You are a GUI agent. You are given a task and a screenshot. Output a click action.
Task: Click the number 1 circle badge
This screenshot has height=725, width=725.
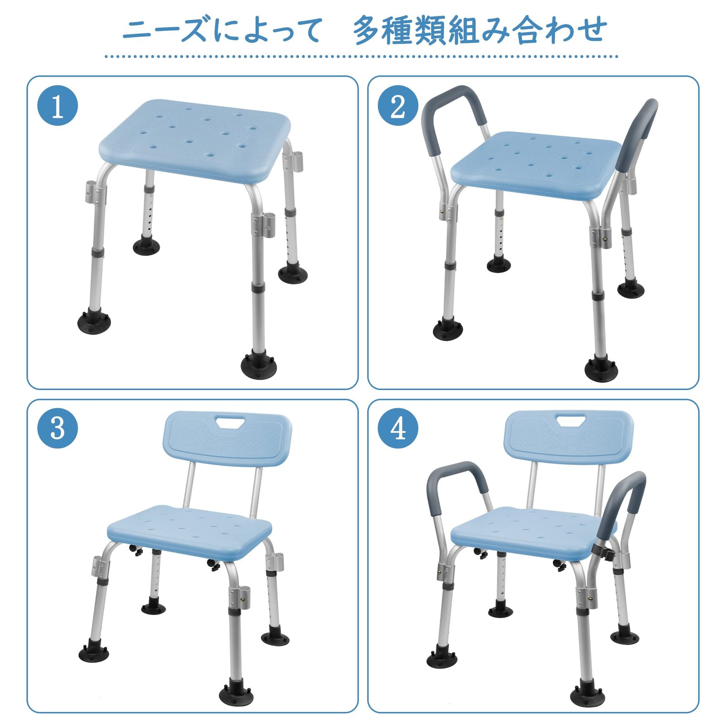tap(58, 106)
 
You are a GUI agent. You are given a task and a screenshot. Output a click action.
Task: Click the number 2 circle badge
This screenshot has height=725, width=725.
tap(398, 106)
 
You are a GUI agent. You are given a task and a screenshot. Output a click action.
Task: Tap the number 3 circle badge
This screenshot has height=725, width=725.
tap(58, 428)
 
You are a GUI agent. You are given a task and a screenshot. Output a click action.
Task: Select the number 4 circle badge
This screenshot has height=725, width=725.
tap(398, 428)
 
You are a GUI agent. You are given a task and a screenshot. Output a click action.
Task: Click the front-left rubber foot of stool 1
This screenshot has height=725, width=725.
tap(94, 321)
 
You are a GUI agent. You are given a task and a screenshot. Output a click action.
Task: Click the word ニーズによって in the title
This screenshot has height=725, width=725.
tap(222, 31)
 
